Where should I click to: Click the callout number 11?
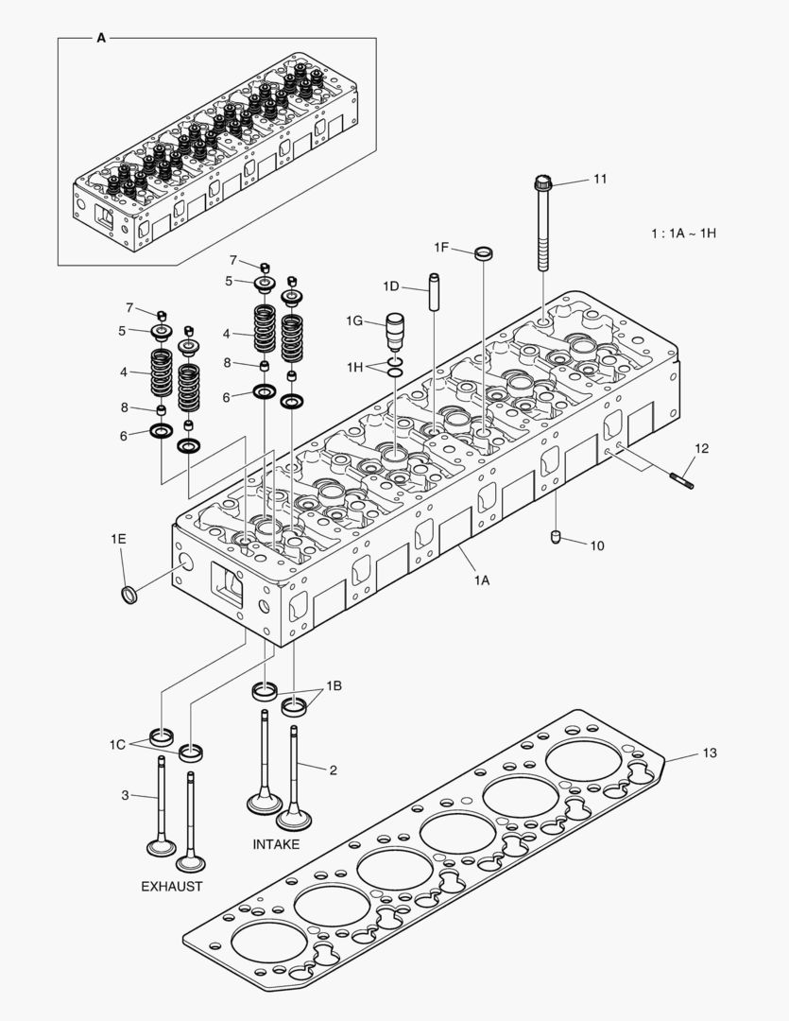pyautogui.click(x=601, y=179)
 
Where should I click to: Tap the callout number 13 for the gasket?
pyautogui.click(x=710, y=753)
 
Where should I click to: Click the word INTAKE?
pyautogui.click(x=276, y=843)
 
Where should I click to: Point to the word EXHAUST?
pyautogui.click(x=171, y=886)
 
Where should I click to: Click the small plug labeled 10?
pyautogui.click(x=557, y=538)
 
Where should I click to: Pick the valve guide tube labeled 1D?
pyautogui.click(x=435, y=291)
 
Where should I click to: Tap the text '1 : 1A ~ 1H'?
pyautogui.click(x=683, y=233)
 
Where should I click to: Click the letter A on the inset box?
pyautogui.click(x=101, y=39)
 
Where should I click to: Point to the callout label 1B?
pyautogui.click(x=334, y=684)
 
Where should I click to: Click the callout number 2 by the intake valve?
pyautogui.click(x=333, y=770)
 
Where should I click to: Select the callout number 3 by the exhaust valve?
pyautogui.click(x=125, y=795)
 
